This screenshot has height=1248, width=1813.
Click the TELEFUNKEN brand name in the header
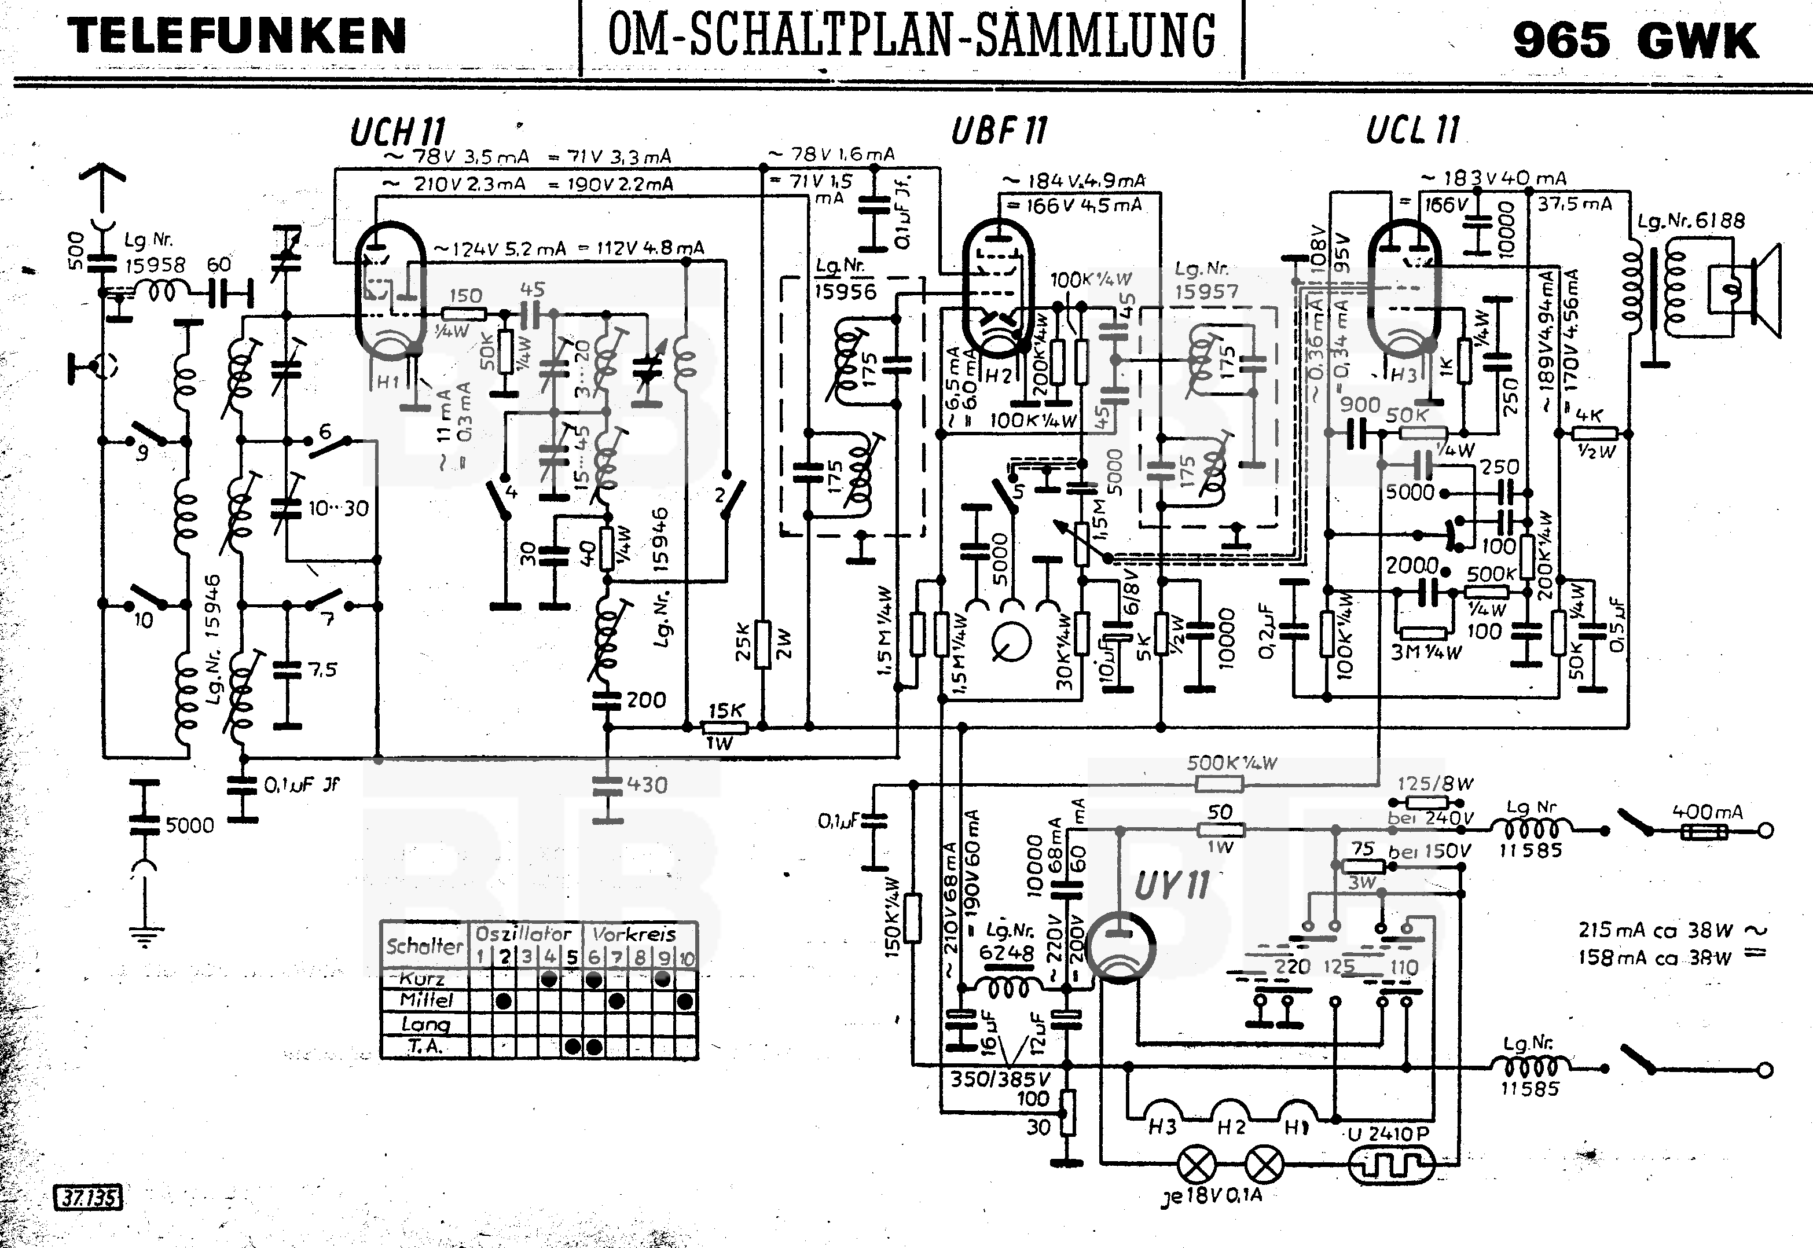pos(237,36)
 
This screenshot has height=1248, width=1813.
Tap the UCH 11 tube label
pos(397,132)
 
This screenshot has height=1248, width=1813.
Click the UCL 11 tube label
pos(1412,130)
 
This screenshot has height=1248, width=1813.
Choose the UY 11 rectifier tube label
pos(1171,886)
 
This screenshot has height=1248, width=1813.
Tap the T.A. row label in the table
pos(425,1046)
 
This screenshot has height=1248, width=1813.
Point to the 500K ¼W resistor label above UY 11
pos(1231,762)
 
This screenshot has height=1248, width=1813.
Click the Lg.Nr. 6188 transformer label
pos(1691,221)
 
